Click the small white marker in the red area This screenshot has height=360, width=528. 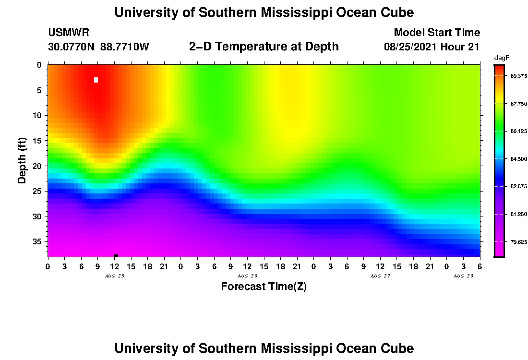point(96,80)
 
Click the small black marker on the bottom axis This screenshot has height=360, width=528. point(116,255)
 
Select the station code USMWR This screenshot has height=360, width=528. point(69,33)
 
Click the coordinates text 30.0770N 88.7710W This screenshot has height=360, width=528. point(98,47)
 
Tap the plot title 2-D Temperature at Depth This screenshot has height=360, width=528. point(264,47)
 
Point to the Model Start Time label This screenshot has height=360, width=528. point(436,33)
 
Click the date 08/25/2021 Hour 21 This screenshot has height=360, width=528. point(432,47)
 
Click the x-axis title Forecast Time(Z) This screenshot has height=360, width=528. point(264,287)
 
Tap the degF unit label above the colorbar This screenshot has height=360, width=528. point(501,58)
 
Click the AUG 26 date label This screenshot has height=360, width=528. point(247,276)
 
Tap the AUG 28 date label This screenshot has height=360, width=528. point(463,276)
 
